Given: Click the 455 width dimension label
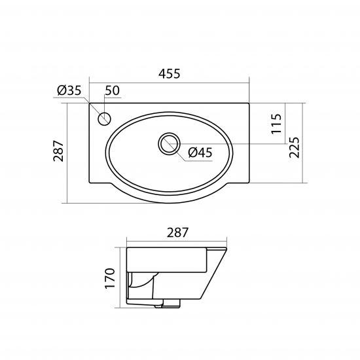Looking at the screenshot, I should point(170,75).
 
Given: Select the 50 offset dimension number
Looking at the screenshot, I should point(112,91).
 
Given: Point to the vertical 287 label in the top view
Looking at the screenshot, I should point(58,151).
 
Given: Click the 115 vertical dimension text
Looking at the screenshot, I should point(276,123).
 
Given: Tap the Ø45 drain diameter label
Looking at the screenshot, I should point(200,153).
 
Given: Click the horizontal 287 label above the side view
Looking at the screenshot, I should point(175,232).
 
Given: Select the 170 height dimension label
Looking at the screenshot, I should point(110,278).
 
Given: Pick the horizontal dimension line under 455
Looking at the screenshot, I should point(170,83).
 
